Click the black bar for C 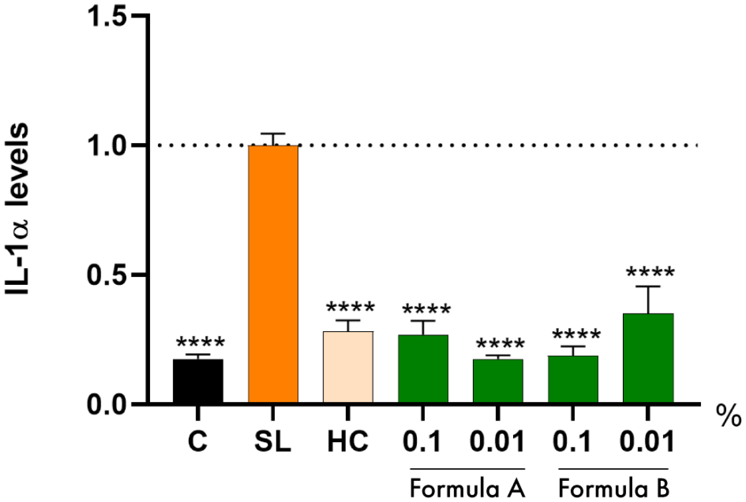(x=198, y=381)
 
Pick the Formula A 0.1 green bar (x=423, y=369)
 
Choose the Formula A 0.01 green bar (x=497, y=381)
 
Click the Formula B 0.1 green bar (x=573, y=379)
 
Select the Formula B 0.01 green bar (x=648, y=358)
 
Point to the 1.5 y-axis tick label (x=106, y=16)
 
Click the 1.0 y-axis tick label (x=106, y=146)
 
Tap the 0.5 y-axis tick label (x=106, y=275)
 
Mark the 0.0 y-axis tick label (x=106, y=404)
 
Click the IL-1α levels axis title (x=17, y=208)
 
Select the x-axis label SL (x=272, y=441)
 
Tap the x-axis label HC (x=348, y=441)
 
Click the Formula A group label (x=467, y=489)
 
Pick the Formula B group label (x=613, y=489)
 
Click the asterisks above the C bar (x=200, y=343)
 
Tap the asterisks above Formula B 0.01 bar (x=650, y=273)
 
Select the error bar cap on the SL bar (x=273, y=134)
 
